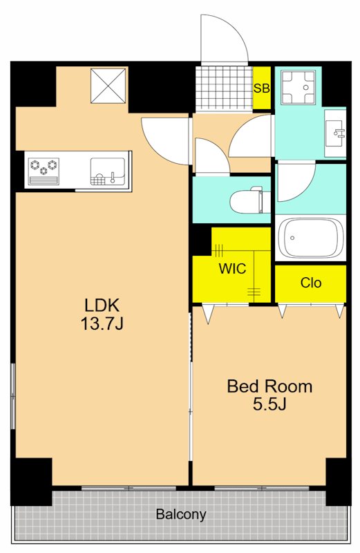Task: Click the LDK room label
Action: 102,305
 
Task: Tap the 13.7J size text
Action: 102,324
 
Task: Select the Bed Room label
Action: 269,386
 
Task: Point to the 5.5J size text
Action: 269,404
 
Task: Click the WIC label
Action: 232,269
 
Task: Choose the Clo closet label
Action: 311,283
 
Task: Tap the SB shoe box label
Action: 262,88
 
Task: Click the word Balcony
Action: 181,514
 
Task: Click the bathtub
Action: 311,238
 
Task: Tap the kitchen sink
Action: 108,171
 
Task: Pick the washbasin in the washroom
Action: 335,133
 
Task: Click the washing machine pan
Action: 298,87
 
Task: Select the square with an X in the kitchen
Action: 108,86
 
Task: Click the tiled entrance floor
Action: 225,88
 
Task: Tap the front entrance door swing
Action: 225,39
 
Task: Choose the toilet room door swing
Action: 212,156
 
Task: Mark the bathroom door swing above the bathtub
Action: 296,182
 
